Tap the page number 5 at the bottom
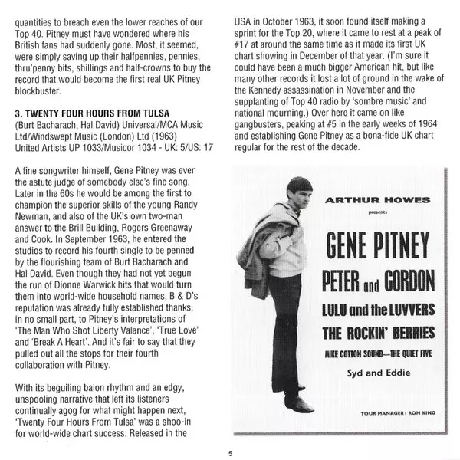(x=229, y=452)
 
